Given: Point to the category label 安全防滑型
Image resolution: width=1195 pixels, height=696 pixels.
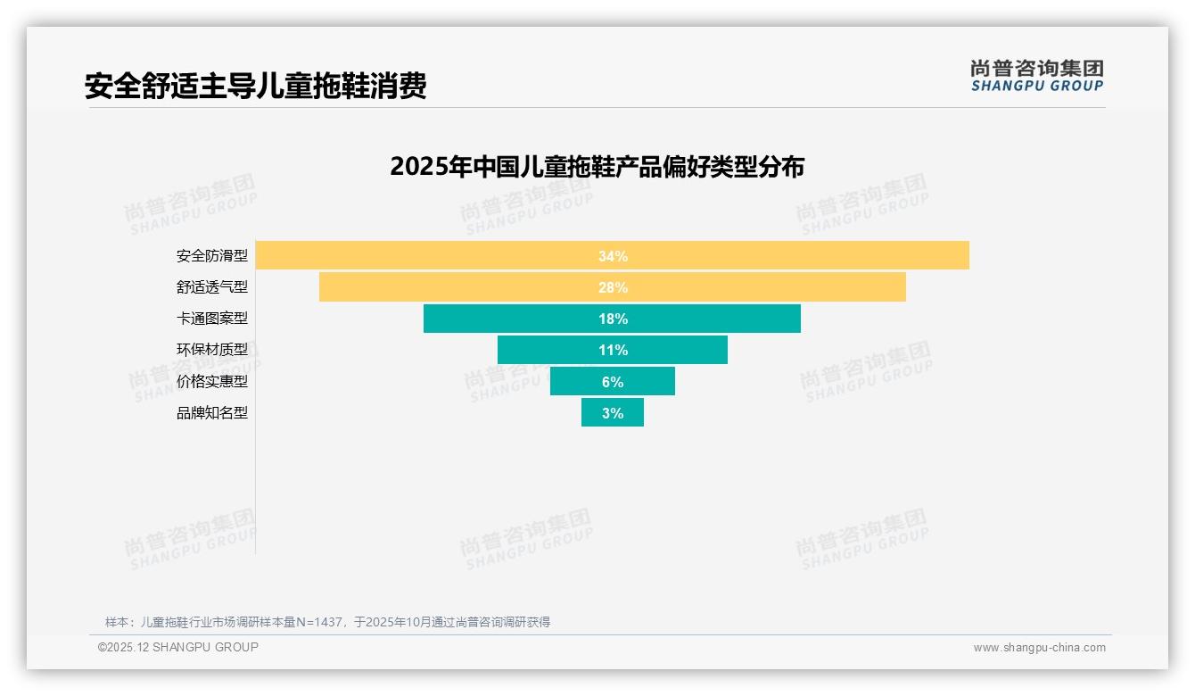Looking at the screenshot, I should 211,256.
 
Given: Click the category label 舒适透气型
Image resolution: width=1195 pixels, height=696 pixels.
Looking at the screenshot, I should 211,287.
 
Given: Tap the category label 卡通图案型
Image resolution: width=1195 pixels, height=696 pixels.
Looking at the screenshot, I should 211,319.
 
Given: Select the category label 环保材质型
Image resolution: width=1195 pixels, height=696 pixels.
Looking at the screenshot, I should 211,350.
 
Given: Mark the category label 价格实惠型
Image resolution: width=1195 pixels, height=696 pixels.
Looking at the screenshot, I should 211,382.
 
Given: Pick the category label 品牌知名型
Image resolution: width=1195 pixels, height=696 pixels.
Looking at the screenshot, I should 211,413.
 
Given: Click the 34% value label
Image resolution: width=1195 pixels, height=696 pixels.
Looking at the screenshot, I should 613,256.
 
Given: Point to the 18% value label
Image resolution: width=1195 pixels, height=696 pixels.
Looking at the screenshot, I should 613,319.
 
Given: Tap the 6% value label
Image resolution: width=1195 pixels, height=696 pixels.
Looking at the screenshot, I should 613,382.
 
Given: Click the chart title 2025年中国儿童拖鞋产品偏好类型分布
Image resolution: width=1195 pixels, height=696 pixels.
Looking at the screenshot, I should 597,167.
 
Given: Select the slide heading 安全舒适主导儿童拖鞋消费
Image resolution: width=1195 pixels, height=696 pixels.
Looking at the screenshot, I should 255,86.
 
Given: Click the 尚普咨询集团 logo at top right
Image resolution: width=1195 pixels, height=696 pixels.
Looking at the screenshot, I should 1036,76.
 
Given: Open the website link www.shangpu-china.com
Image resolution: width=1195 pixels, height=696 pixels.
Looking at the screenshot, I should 1039,648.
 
